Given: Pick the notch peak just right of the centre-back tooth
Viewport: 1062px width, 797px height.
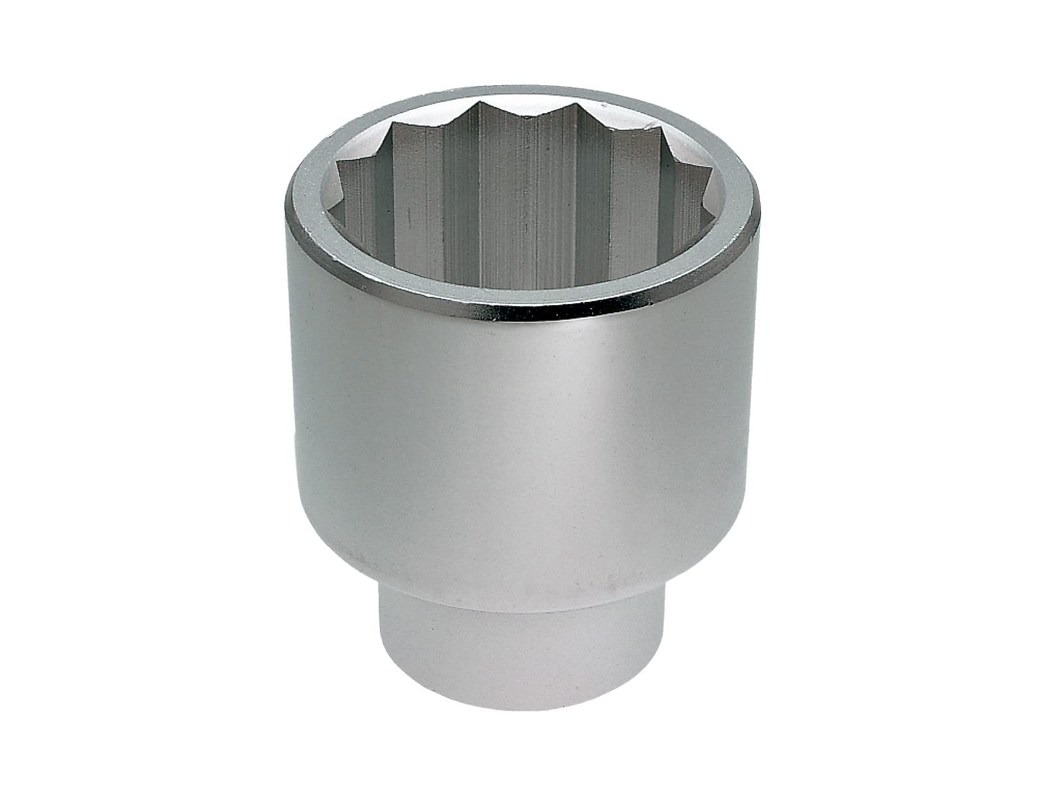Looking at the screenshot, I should (568, 106).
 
